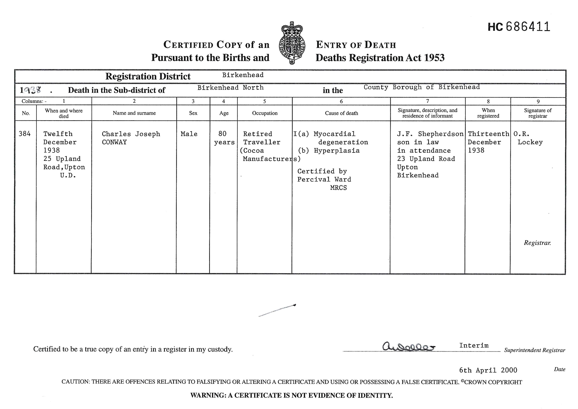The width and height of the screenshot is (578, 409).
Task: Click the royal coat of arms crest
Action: [292, 43]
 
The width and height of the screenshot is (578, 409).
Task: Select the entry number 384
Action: [25, 134]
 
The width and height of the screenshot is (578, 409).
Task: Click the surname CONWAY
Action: [114, 142]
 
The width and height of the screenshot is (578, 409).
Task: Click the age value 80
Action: [222, 134]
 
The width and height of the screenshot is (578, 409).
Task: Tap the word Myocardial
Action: [335, 134]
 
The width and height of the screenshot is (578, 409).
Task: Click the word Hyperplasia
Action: [337, 151]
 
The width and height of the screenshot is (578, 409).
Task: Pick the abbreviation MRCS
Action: [338, 188]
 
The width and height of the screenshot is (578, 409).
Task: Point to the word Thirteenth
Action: [488, 134]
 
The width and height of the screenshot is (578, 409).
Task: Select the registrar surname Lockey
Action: [530, 142]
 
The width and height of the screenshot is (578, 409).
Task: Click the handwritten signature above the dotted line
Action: [408, 347]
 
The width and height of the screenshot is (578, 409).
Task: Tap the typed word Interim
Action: [474, 345]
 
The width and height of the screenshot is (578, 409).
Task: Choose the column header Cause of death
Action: [341, 113]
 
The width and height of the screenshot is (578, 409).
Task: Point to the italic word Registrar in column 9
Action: [537, 243]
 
